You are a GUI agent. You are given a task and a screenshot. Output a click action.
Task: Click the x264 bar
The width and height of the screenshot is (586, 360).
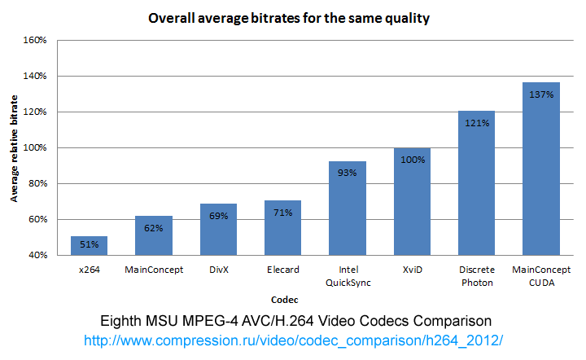pos(89,245)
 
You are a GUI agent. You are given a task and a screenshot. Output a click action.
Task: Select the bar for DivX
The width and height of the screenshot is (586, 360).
pos(218,229)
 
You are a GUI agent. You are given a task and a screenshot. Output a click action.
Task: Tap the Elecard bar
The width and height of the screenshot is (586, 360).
pos(282,227)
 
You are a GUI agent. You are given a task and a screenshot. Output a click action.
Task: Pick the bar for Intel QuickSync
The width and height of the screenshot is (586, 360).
pos(347,208)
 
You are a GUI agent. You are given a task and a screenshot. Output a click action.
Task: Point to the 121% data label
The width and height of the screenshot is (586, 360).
pos(476,123)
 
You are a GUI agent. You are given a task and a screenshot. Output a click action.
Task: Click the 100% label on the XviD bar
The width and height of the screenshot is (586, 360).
pos(412,160)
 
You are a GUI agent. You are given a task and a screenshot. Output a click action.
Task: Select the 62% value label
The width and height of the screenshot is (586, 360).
pos(153,228)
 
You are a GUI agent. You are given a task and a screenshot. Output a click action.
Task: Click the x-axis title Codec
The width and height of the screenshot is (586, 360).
pos(313,298)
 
